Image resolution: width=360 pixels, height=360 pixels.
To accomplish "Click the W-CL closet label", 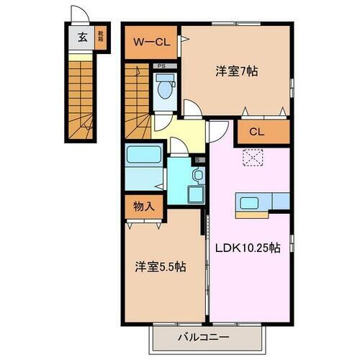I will [151, 42].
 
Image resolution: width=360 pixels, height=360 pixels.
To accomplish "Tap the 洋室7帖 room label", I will [237, 71].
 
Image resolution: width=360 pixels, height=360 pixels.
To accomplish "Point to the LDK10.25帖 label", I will [249, 247].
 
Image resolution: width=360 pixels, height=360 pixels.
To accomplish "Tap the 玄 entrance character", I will [82, 39].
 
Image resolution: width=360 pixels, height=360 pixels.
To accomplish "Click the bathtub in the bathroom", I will [144, 156].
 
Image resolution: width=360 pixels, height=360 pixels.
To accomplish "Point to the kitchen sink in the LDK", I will [250, 204].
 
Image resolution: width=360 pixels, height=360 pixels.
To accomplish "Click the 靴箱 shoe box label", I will [101, 39].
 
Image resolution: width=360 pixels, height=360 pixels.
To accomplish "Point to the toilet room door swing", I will [192, 109].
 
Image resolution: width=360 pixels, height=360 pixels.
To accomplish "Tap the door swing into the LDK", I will [216, 132].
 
